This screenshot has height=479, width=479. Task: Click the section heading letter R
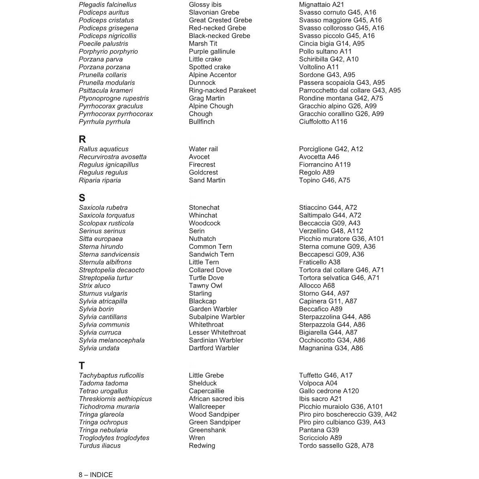pyautogui.click(x=82, y=139)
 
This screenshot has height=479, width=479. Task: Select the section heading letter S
pyautogui.click(x=82, y=198)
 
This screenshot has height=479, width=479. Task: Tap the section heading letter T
pyautogui.click(x=82, y=366)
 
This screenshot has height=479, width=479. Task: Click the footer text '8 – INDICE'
pyautogui.click(x=96, y=475)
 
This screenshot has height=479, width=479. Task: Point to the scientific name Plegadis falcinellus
pyautogui.click(x=108, y=5)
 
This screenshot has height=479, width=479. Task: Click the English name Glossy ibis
pyautogui.click(x=205, y=5)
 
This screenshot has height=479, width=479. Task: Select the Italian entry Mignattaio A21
pyautogui.click(x=321, y=5)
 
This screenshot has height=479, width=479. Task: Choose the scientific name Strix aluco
pyautogui.click(x=94, y=286)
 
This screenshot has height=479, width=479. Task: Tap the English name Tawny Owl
pyautogui.click(x=205, y=286)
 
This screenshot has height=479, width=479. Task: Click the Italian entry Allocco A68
pyautogui.click(x=317, y=286)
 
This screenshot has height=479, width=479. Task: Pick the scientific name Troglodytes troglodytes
pyautogui.click(x=114, y=438)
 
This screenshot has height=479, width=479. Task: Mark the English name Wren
pyautogui.click(x=197, y=438)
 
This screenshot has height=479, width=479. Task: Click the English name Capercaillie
pyautogui.click(x=207, y=391)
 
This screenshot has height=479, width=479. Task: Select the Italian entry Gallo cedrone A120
pyautogui.click(x=329, y=391)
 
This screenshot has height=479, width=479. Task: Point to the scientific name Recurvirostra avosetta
pyautogui.click(x=112, y=157)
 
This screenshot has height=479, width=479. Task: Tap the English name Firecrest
pyautogui.click(x=202, y=165)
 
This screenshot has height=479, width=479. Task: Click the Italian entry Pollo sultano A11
pyautogui.click(x=325, y=51)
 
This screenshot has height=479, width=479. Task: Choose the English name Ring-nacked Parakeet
pyautogui.click(x=222, y=90)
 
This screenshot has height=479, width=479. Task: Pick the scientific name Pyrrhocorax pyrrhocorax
pyautogui.click(x=116, y=114)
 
